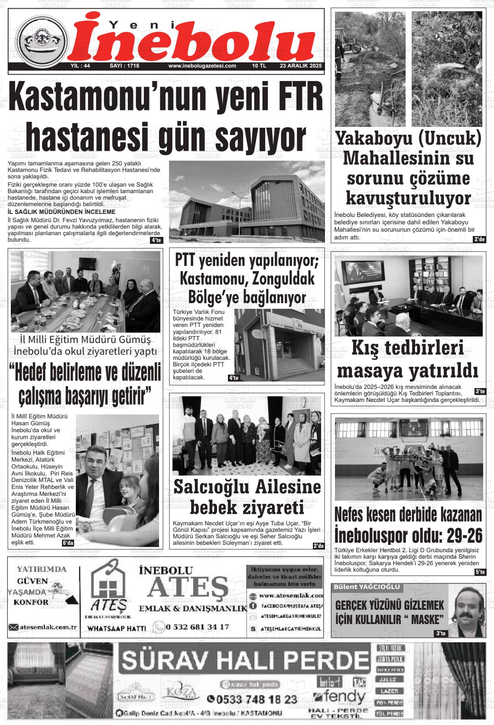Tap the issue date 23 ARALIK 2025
[x=301, y=66]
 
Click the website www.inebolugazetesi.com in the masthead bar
[x=202, y=66]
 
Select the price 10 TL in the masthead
[x=259, y=66]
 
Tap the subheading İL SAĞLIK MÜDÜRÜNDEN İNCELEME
[x=62, y=212]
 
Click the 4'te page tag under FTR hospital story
[x=156, y=240]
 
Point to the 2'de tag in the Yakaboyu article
[x=480, y=239]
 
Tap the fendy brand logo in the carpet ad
[x=340, y=697]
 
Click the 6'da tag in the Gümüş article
[x=68, y=543]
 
